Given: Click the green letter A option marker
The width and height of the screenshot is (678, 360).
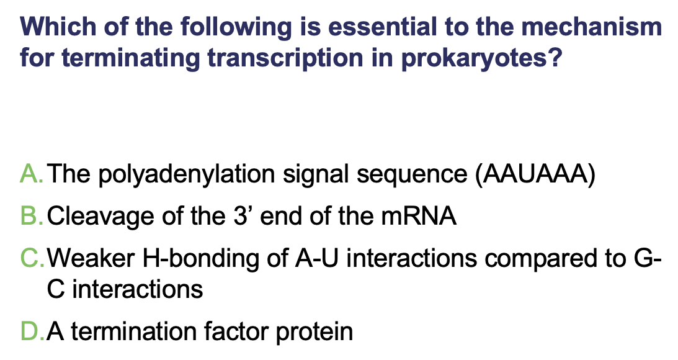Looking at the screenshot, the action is [x=31, y=174].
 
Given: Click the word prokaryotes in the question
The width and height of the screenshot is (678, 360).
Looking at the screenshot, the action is [x=481, y=59].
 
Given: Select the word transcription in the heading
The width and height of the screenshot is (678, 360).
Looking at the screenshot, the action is [x=285, y=59].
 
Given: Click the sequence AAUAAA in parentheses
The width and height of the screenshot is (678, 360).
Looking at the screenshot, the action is [x=535, y=174].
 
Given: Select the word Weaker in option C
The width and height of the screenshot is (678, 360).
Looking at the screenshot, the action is [x=91, y=258].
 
